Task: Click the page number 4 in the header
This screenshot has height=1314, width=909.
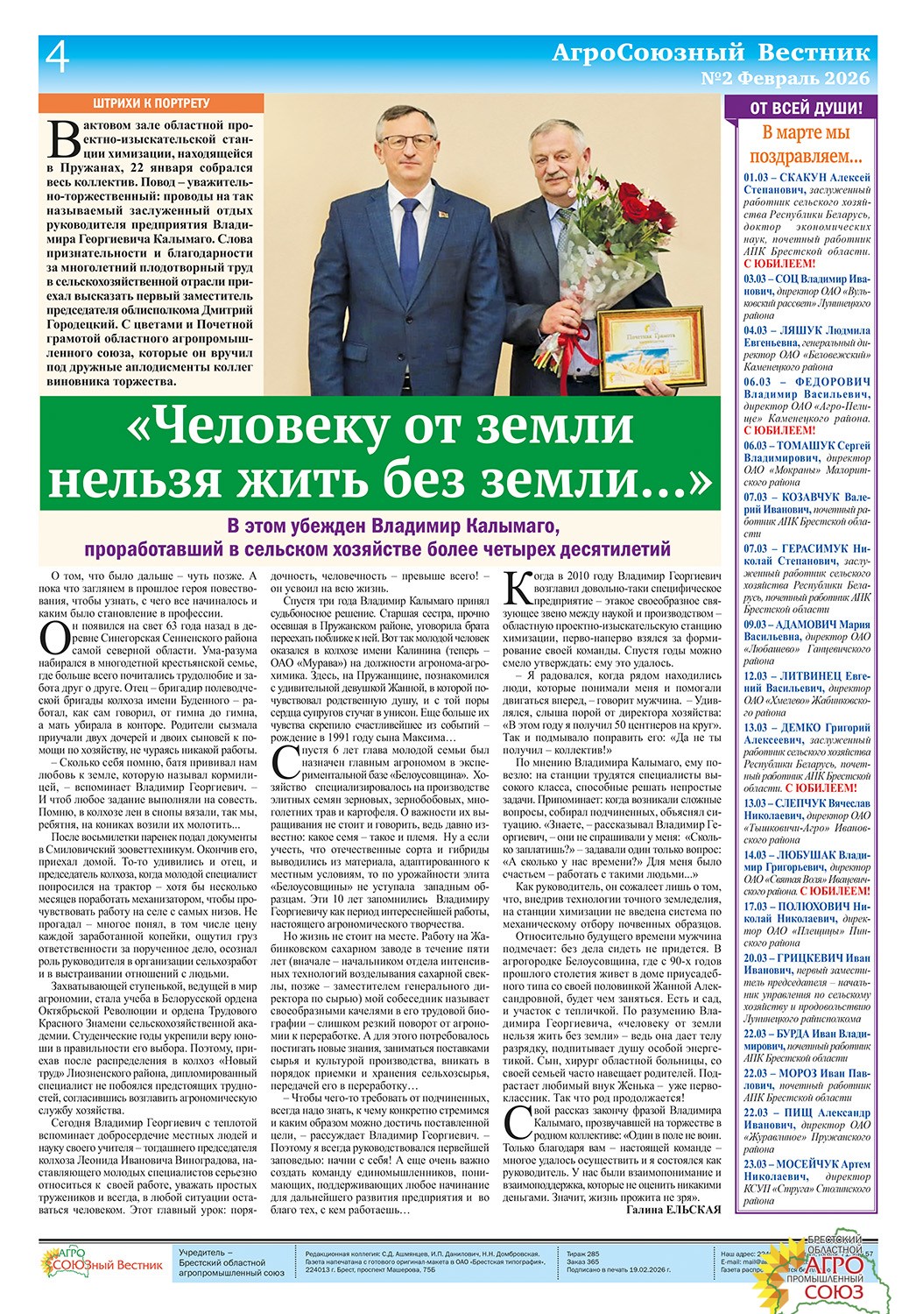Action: tap(57, 59)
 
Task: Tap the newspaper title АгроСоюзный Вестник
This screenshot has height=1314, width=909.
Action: tap(712, 53)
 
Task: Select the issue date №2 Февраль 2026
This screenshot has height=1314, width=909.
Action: tap(786, 79)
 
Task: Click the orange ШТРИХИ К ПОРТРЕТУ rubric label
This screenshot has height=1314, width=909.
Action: tap(151, 103)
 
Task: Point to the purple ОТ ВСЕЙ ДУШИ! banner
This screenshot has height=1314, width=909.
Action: tap(806, 109)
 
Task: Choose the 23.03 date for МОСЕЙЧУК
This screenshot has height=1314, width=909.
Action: tap(756, 1164)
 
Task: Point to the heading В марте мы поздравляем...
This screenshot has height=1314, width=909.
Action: tap(806, 145)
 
